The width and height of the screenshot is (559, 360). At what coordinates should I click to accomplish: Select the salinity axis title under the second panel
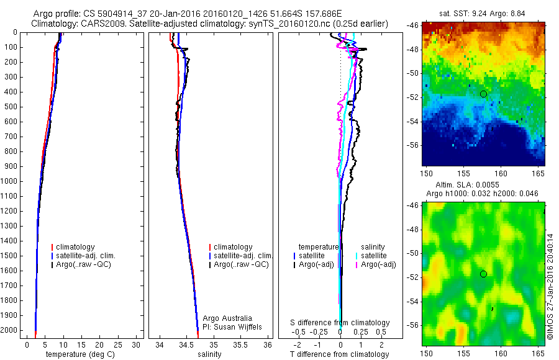coord(209,354)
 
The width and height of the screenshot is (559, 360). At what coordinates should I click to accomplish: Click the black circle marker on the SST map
coord(483,94)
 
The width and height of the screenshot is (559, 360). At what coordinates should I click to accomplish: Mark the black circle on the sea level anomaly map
coord(483,274)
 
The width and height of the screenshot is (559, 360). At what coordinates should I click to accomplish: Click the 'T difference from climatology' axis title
coord(339,354)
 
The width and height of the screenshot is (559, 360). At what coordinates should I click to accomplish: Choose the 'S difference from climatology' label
coord(340,323)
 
